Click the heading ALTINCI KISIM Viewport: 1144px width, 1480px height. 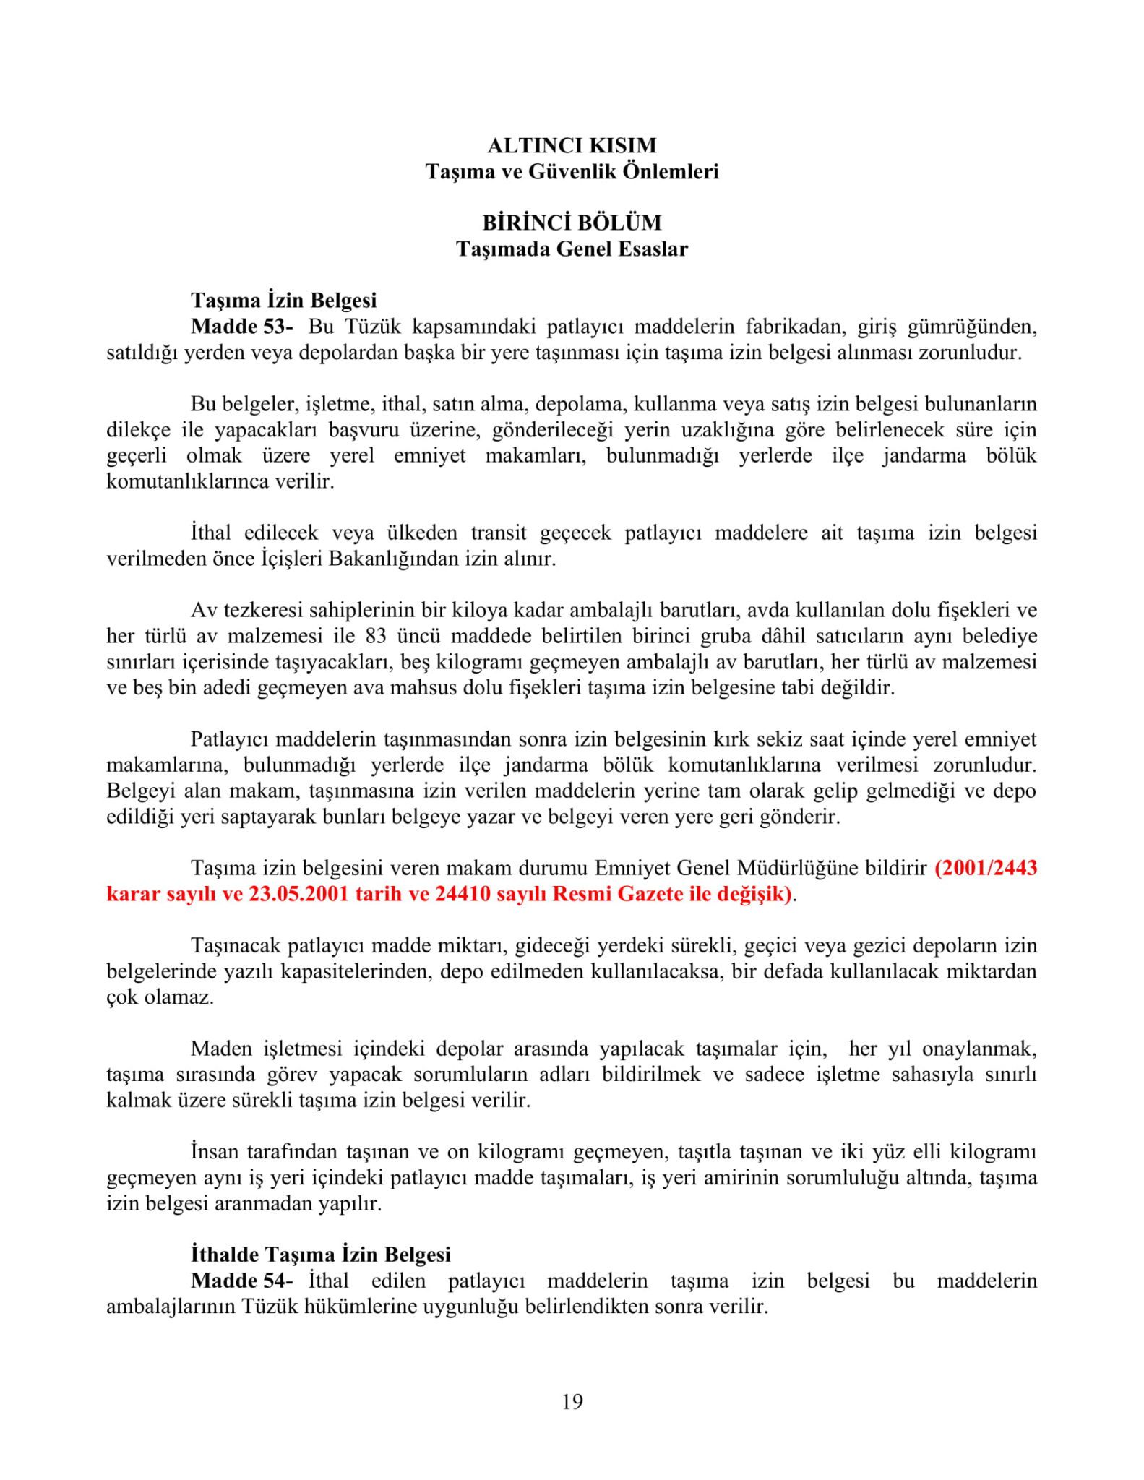pos(572,145)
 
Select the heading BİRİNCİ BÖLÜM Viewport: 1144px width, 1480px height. pos(572,223)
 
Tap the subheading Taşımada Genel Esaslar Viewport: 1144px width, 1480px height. pos(572,249)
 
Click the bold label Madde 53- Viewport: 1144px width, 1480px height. pos(242,327)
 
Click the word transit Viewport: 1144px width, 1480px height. pos(498,533)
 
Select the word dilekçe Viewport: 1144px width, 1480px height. pos(139,430)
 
